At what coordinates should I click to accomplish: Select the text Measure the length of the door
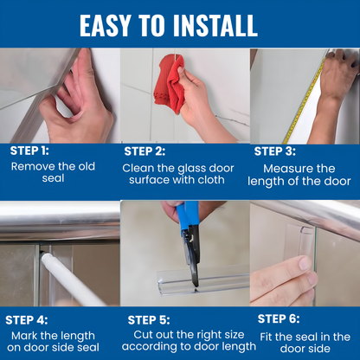point(299,175)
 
